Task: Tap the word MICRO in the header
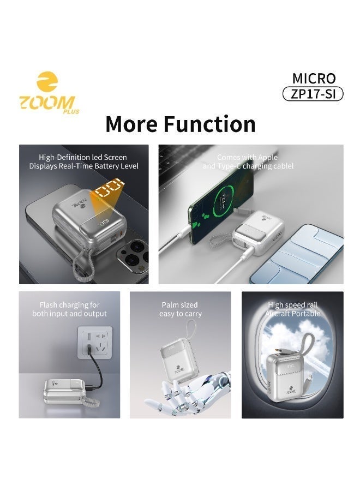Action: [314, 78]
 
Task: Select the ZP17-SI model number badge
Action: [313, 94]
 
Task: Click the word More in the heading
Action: [130, 124]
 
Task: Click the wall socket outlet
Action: [94, 345]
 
